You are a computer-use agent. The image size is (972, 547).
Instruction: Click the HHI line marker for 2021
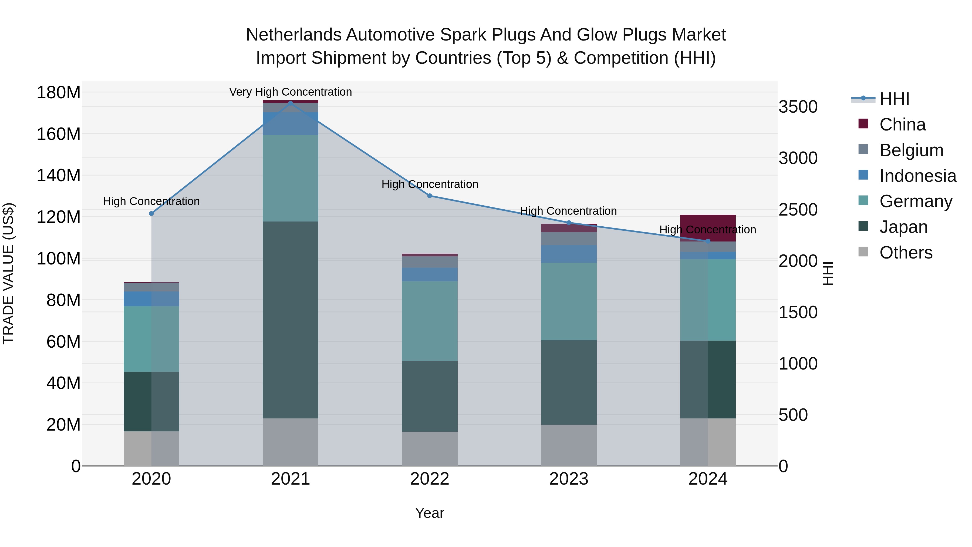(290, 103)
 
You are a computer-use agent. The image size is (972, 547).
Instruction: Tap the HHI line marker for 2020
(151, 214)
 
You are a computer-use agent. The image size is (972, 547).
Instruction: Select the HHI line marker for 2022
(429, 196)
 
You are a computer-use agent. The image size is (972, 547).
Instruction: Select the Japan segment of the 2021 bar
(290, 320)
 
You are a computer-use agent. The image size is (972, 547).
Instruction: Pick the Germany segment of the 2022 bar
(429, 321)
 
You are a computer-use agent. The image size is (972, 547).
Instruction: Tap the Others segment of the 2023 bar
(569, 445)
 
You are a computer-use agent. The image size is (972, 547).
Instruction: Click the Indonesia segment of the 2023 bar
(569, 254)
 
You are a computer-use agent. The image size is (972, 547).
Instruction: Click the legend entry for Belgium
(911, 150)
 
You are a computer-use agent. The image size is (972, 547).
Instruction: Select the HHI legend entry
(894, 99)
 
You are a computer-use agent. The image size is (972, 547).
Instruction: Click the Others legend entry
(906, 253)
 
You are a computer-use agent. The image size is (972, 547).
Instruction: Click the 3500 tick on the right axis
(798, 107)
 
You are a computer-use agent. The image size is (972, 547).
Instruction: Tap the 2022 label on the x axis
(429, 479)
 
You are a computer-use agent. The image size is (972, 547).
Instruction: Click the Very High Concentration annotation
(290, 92)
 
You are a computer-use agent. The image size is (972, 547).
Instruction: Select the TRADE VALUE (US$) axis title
(8, 273)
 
